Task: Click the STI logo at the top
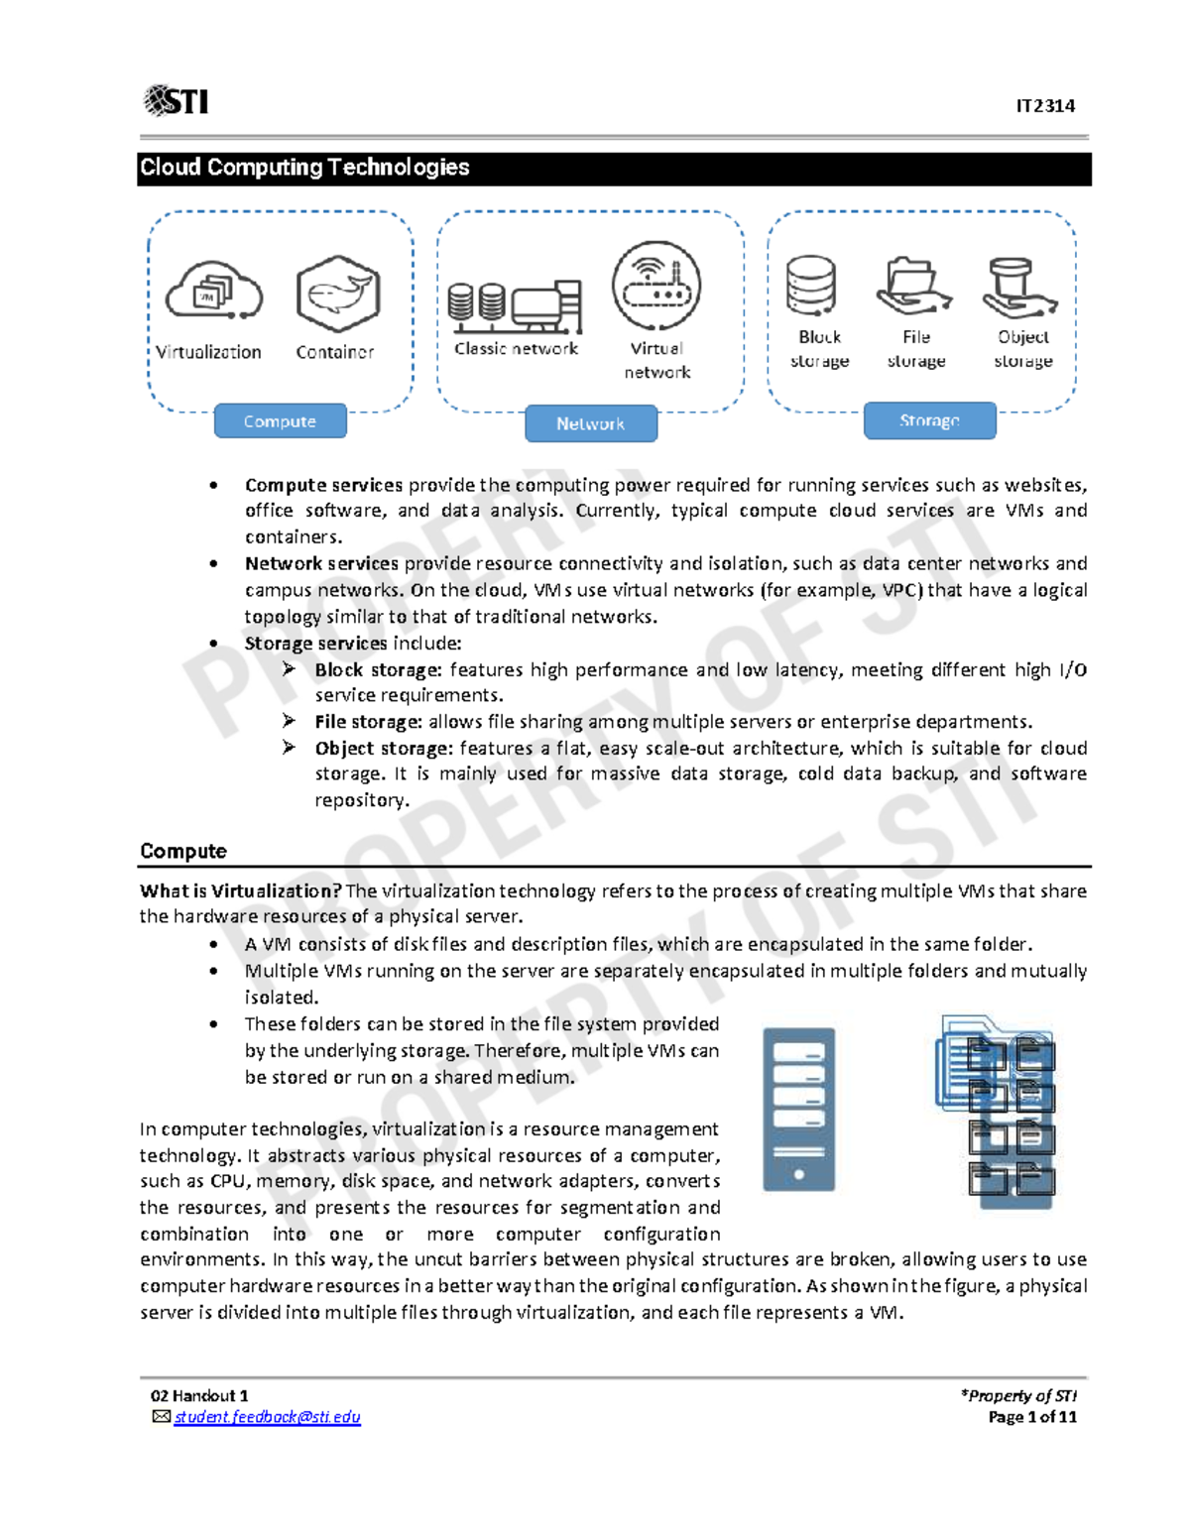177,100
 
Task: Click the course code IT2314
1044,106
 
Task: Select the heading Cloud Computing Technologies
304,168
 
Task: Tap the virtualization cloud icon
213,292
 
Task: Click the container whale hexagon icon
338,294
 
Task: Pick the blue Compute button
281,421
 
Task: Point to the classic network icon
515,304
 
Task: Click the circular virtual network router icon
656,286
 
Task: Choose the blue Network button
591,423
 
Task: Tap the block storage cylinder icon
811,287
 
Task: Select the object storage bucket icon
1018,288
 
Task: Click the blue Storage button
929,420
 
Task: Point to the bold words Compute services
323,485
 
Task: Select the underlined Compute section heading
183,851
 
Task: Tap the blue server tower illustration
798,1109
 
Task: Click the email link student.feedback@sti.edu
267,1417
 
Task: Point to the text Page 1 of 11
1031,1417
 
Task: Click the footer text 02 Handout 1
199,1396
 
